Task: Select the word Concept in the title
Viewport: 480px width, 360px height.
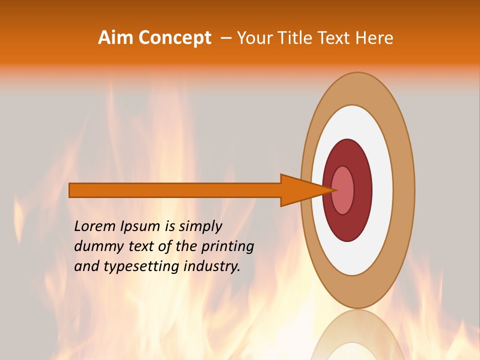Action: click(x=174, y=38)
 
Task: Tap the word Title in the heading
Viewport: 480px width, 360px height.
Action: click(x=295, y=38)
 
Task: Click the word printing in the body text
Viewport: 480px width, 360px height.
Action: click(x=227, y=247)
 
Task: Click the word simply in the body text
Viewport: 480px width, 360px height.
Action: click(x=200, y=227)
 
